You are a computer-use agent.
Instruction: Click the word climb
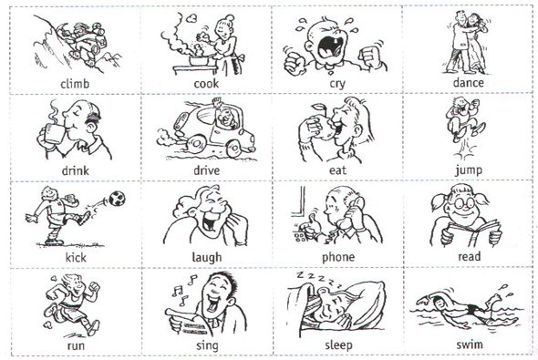pos(75,83)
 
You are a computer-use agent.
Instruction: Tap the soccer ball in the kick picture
pos(117,199)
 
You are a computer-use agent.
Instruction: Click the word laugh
pos(207,258)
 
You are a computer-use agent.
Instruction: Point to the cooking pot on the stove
pos(200,61)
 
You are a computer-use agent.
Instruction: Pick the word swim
pos(470,345)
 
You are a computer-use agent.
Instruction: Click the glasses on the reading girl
pos(463,203)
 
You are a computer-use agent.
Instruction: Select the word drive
pos(207,170)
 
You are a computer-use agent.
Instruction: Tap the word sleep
pos(338,345)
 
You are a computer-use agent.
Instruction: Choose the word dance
pos(469,83)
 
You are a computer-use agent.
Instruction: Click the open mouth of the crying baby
pos(329,47)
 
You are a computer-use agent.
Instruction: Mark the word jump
pos(469,170)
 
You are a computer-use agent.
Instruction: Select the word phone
pos(338,258)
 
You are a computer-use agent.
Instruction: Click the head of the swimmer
pos(438,303)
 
